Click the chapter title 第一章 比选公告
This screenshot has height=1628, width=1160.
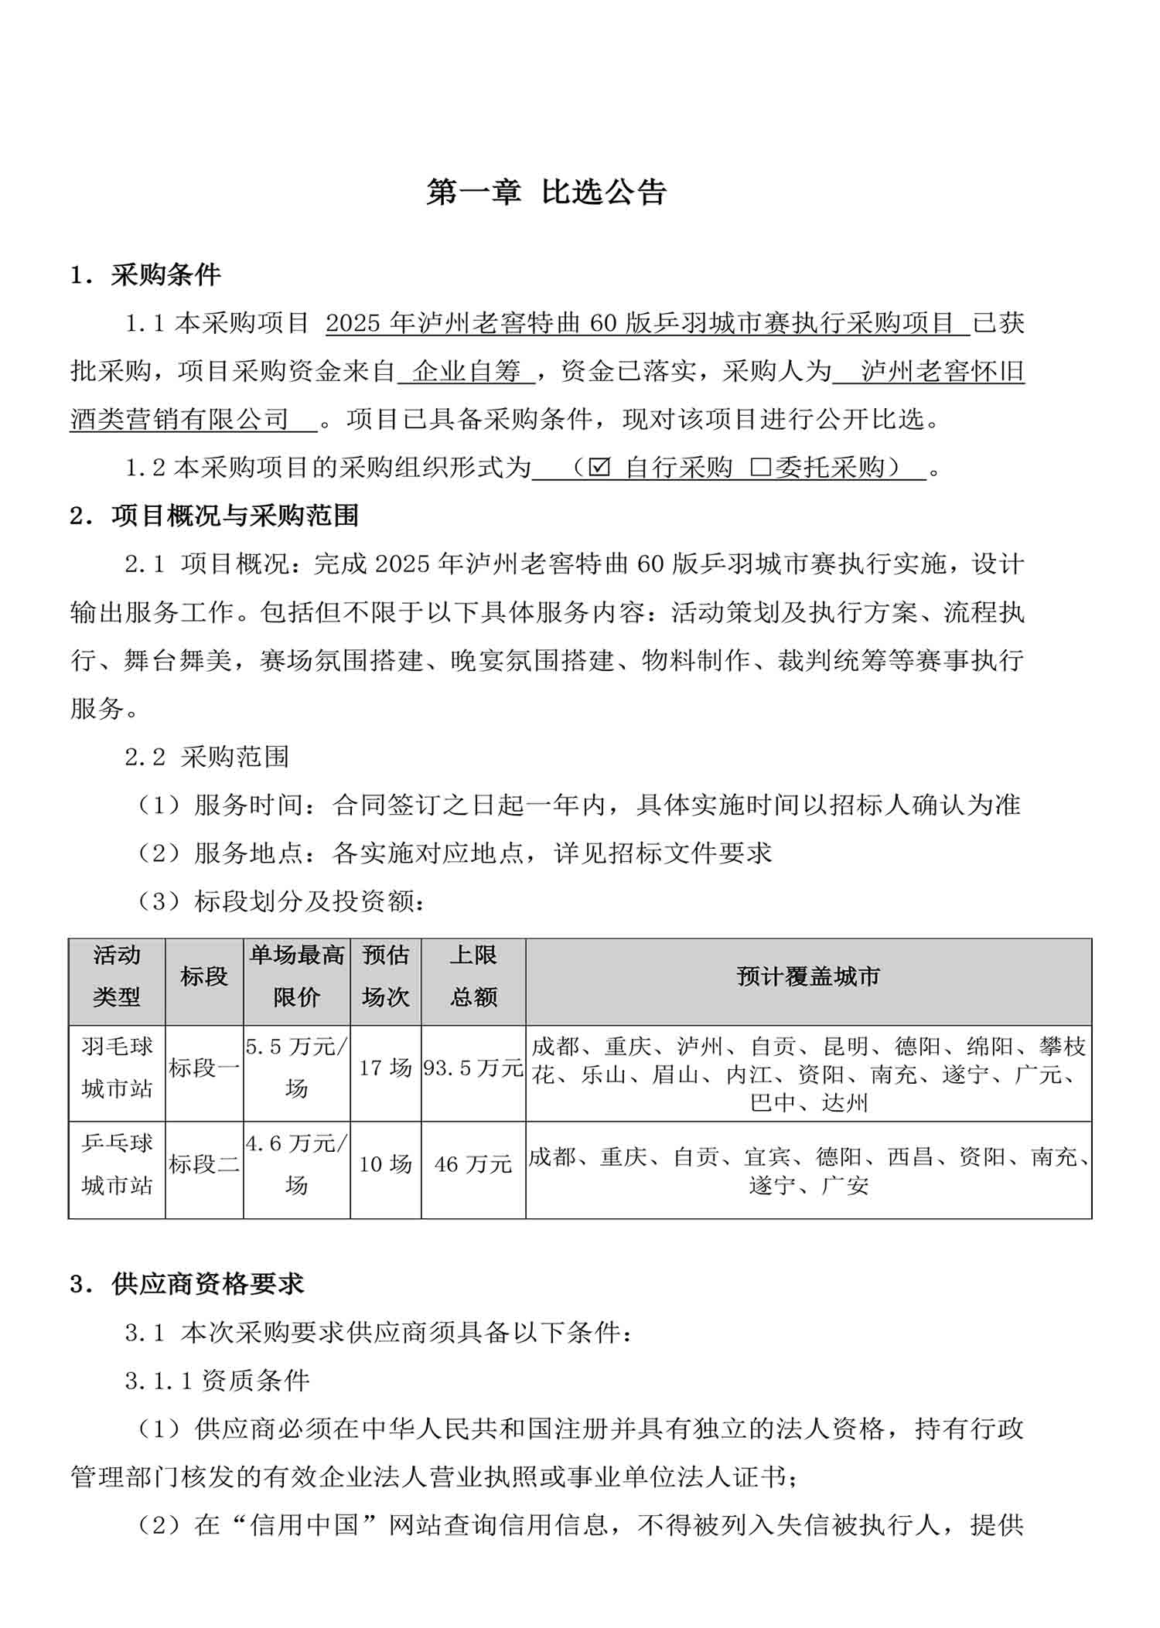tap(546, 192)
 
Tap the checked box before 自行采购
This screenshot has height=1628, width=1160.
tap(599, 468)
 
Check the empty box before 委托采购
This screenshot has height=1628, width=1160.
tap(760, 468)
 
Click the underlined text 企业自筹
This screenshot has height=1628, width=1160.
tap(466, 372)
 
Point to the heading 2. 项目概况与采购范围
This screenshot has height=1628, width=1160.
tap(214, 516)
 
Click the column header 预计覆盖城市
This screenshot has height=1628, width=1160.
tap(808, 977)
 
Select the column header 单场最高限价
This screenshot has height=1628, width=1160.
tap(297, 977)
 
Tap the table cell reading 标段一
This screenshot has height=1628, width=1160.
tap(204, 1068)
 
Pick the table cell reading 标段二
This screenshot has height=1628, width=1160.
tap(204, 1164)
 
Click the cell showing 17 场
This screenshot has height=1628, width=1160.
tap(385, 1068)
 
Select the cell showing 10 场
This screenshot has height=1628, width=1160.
tap(385, 1164)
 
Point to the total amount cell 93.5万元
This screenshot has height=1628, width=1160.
tap(473, 1068)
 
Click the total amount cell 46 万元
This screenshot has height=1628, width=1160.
tap(473, 1164)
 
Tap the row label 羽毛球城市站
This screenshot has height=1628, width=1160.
tap(117, 1068)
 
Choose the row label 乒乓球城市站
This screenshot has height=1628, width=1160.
tap(117, 1164)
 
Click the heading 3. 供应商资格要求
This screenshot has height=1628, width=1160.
tap(186, 1285)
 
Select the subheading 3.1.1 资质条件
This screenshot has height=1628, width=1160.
tap(217, 1381)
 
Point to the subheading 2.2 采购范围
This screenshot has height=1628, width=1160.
tap(207, 757)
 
